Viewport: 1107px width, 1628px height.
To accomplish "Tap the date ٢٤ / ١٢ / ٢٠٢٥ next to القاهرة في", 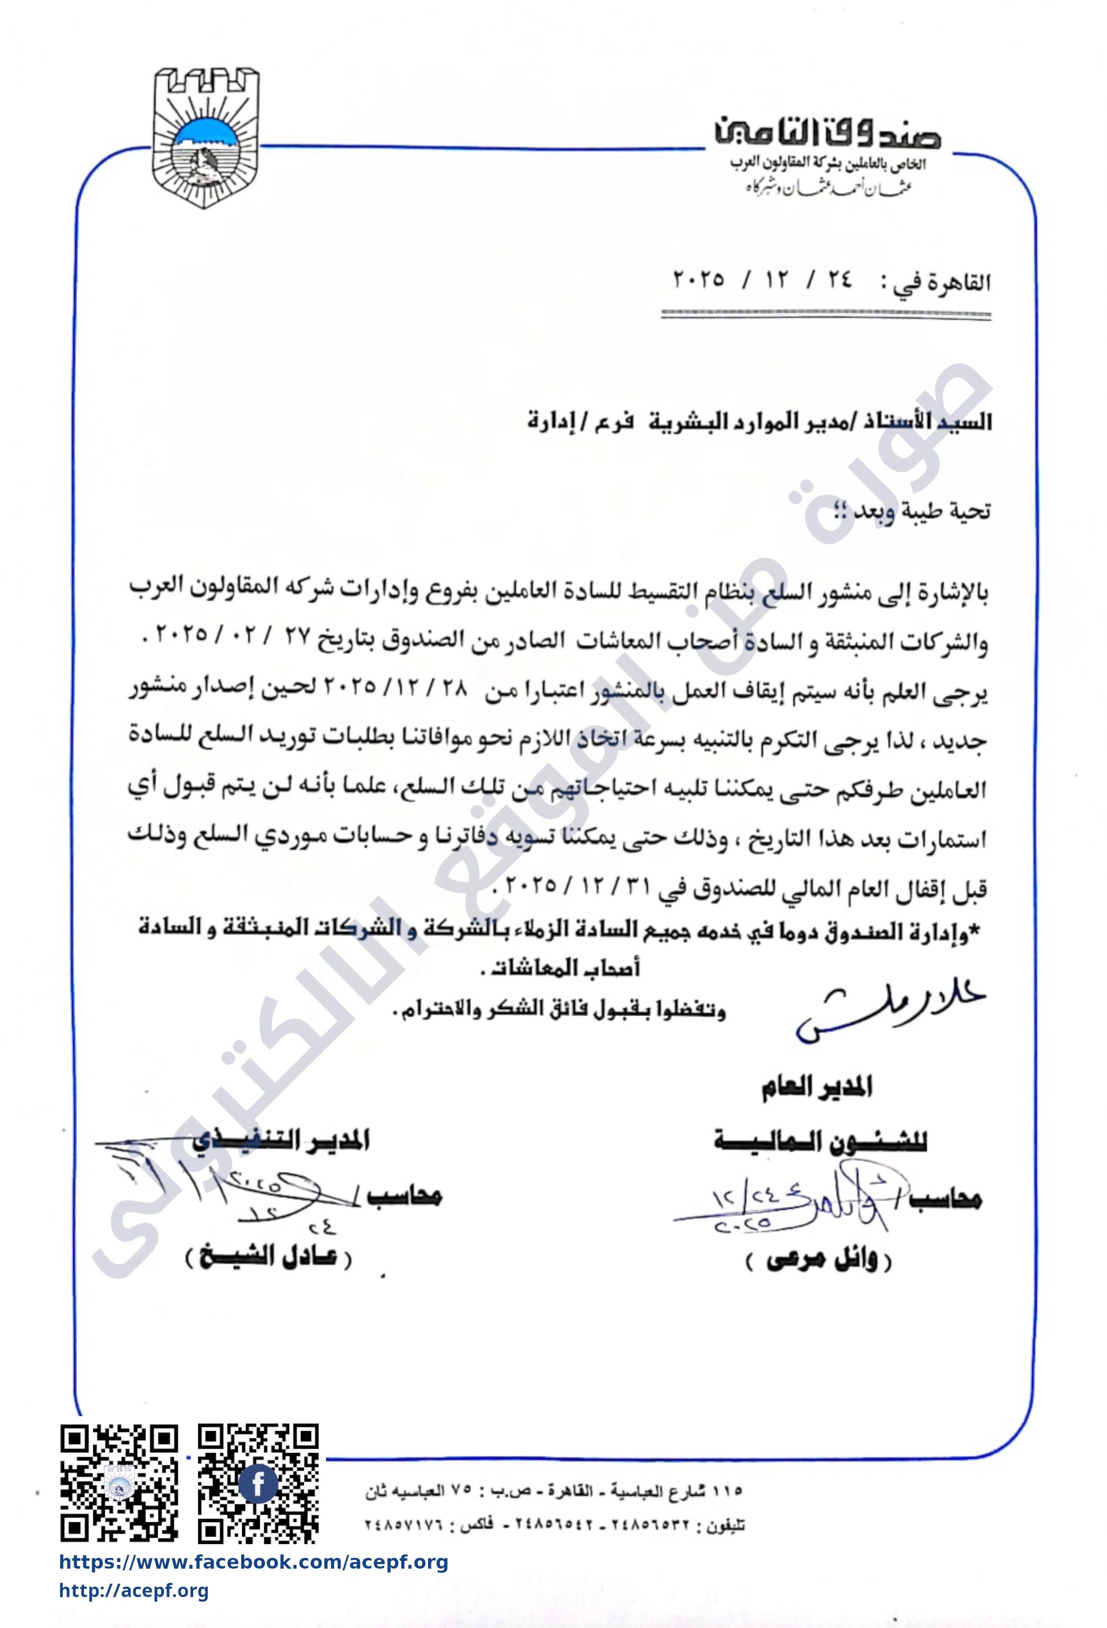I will pos(762,280).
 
